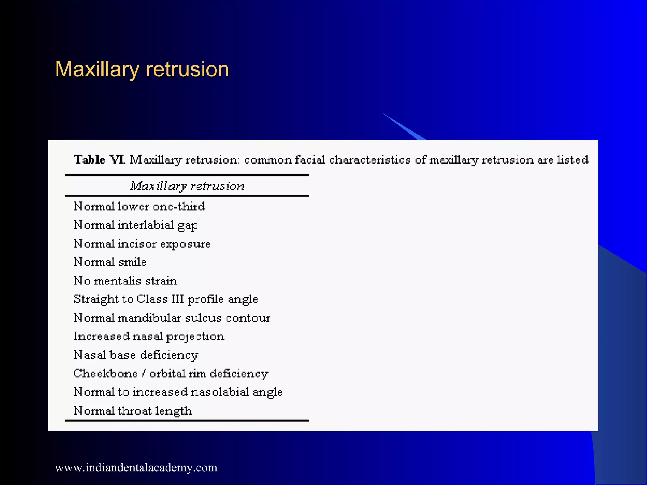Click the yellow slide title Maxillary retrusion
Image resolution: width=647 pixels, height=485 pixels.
point(142,69)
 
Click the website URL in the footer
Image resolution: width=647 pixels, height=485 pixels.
point(136,468)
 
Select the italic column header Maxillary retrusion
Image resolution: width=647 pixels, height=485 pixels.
point(187,186)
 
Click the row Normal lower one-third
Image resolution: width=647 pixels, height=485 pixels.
point(139,207)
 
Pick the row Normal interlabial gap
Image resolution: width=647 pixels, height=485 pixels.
point(136,225)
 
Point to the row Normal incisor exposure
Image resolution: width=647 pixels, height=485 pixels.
point(142,244)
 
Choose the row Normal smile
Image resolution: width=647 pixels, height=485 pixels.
point(110,262)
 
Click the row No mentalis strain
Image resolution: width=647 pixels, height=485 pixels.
point(125,281)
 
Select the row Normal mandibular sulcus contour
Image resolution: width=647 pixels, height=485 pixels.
point(172,318)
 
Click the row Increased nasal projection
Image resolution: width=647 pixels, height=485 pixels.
point(149,337)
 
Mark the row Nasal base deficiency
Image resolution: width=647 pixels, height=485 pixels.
point(136,355)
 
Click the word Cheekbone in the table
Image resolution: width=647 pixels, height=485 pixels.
point(106,374)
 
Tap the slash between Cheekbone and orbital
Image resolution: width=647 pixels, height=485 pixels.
point(144,374)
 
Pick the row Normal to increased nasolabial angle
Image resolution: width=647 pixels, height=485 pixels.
point(178,392)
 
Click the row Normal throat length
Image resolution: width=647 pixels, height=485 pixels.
point(133,411)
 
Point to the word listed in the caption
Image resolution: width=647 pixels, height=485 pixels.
point(572,159)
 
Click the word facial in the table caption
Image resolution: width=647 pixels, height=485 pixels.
point(310,159)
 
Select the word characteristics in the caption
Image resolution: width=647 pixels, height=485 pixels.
point(370,159)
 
